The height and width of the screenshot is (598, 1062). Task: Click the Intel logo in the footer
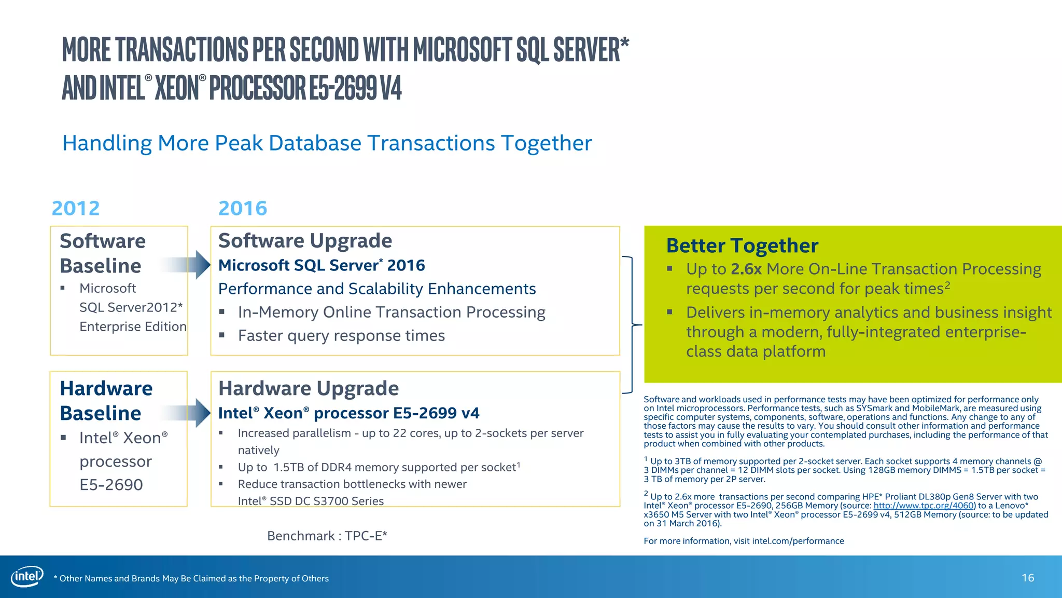tap(27, 577)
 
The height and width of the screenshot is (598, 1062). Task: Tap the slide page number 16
tap(1028, 578)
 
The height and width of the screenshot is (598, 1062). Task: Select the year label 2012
tap(76, 208)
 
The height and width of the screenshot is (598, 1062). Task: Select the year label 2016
tap(243, 208)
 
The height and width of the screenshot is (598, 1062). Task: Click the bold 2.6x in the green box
tap(746, 269)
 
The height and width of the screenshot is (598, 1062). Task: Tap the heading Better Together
tap(742, 246)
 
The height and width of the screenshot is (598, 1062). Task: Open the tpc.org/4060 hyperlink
tap(924, 506)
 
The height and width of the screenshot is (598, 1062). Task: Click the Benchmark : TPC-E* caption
tap(327, 536)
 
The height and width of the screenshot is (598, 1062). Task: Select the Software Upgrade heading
tap(305, 241)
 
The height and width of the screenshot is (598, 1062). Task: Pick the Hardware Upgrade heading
tap(309, 388)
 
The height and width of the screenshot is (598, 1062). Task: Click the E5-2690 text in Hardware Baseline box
tap(111, 484)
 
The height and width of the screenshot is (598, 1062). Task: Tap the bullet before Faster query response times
tap(222, 335)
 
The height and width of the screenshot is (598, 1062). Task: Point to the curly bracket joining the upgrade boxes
tap(631, 325)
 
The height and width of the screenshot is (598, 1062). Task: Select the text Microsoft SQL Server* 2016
tap(322, 265)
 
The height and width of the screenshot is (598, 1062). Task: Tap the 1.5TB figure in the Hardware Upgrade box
tap(289, 467)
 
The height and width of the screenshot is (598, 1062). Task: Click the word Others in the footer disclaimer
tap(315, 578)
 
